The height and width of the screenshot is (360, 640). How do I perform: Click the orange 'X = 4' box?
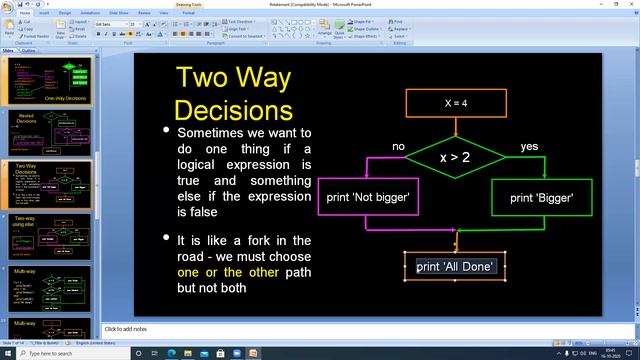(x=455, y=103)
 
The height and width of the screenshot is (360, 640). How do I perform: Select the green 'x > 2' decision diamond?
(x=455, y=158)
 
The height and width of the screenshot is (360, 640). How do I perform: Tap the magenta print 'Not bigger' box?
(x=367, y=197)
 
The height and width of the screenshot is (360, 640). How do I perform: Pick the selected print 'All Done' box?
(x=456, y=266)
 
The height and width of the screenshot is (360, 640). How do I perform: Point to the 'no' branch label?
(x=398, y=147)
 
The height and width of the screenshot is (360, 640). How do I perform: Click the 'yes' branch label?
(x=529, y=147)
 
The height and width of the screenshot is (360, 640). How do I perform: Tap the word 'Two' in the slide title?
(x=205, y=78)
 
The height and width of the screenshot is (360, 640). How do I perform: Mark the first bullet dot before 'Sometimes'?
(x=166, y=131)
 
